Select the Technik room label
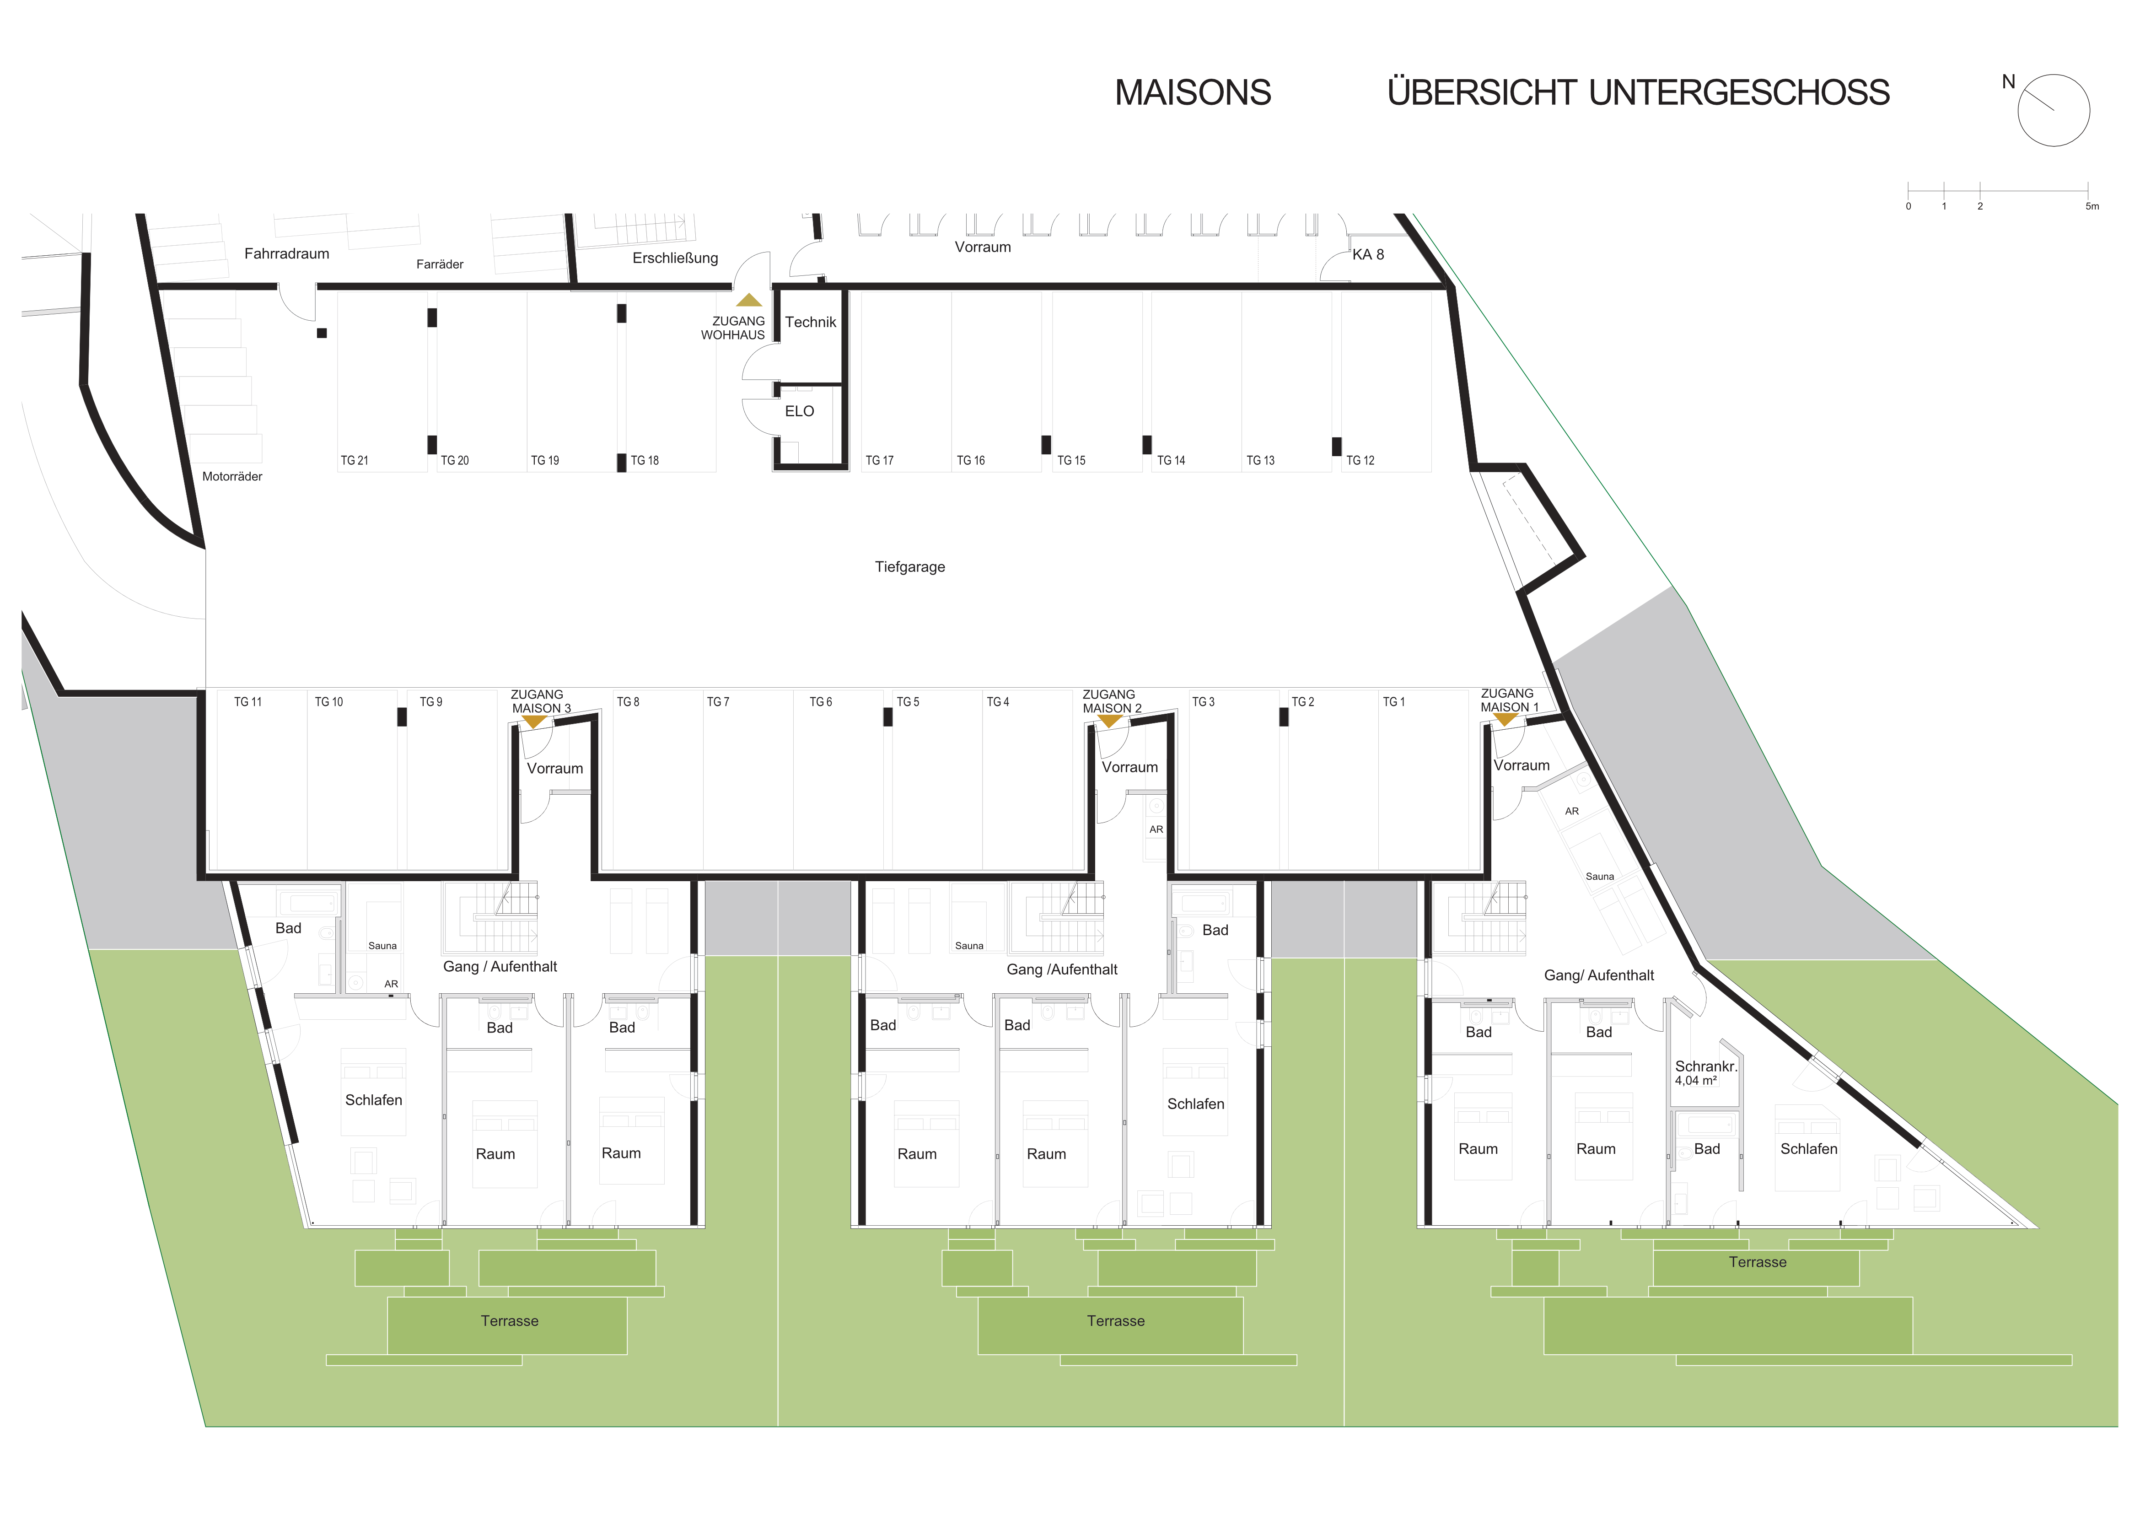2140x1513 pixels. (x=810, y=323)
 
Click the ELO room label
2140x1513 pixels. (x=799, y=411)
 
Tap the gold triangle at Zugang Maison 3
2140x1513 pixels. (x=534, y=722)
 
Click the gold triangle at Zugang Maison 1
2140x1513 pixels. (x=1505, y=720)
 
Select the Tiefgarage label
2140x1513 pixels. (x=910, y=567)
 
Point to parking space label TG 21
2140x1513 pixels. (x=354, y=461)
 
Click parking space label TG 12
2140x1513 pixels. (x=1360, y=461)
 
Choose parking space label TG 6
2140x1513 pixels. (x=820, y=702)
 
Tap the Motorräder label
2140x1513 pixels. (x=232, y=476)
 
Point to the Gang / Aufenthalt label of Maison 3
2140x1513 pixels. (x=500, y=967)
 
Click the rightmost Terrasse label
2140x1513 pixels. (x=1757, y=1262)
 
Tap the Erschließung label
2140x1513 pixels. (x=675, y=258)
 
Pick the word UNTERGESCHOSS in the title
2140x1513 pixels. (x=1738, y=93)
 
